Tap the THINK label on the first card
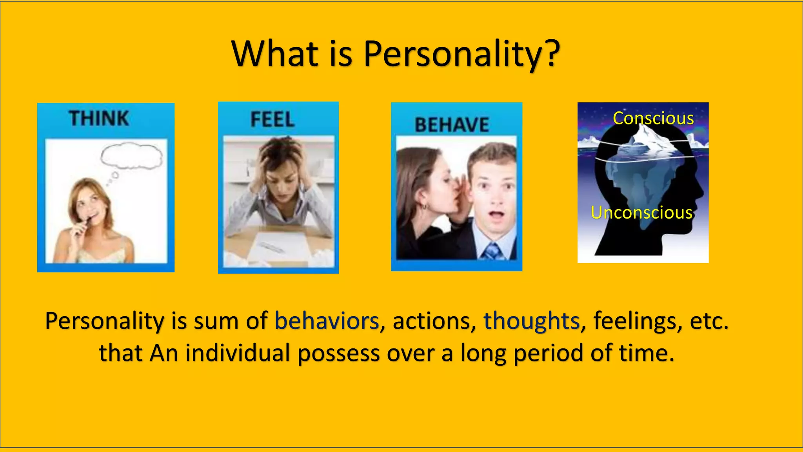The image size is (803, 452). click(x=99, y=118)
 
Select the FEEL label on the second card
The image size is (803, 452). click(x=272, y=120)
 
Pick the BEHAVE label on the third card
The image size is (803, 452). click(x=452, y=125)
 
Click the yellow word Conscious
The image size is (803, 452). click(x=653, y=118)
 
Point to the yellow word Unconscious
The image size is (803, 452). click(x=641, y=212)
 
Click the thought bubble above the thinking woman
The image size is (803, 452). click(x=131, y=156)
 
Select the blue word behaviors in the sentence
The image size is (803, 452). click(x=327, y=321)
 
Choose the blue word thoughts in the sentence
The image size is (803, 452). click(x=531, y=321)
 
